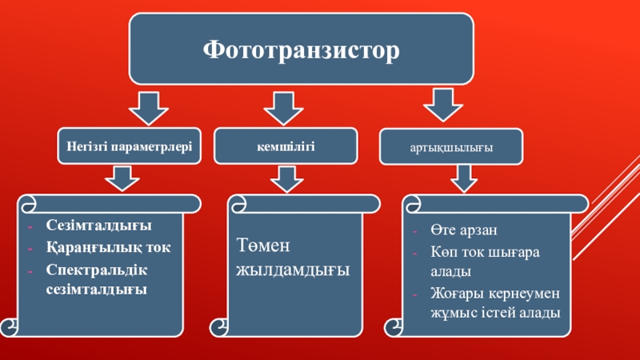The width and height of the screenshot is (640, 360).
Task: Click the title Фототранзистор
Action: click(x=300, y=50)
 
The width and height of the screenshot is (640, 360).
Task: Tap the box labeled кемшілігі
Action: click(x=286, y=146)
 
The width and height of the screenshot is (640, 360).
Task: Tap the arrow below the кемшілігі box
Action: click(x=286, y=178)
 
